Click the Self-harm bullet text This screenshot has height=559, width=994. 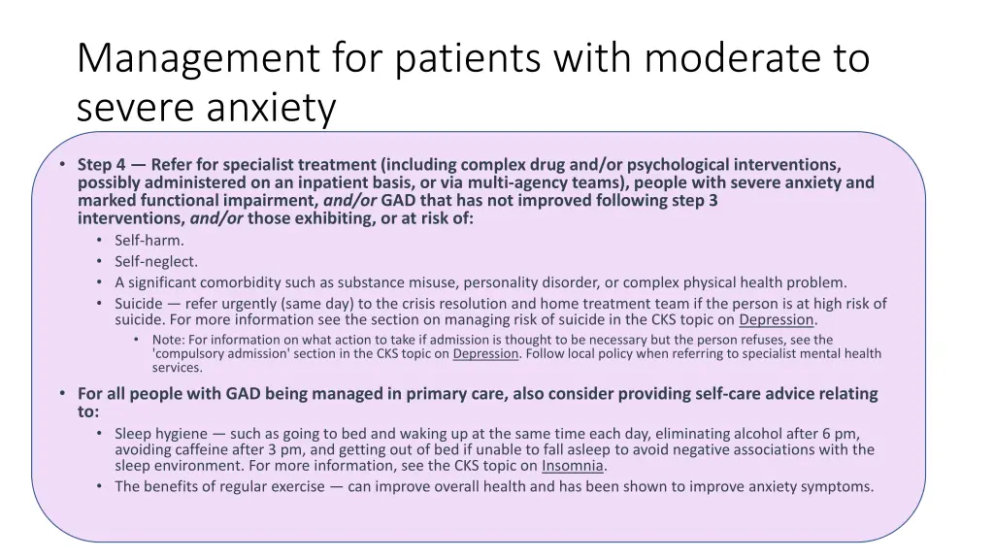[x=149, y=240]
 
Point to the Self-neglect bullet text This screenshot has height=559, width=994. [x=156, y=261]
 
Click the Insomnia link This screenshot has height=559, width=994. [x=573, y=465]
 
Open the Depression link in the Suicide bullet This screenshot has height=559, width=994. [x=776, y=319]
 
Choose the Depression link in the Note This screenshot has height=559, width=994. [x=485, y=353]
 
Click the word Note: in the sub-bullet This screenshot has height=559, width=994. [x=168, y=340]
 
